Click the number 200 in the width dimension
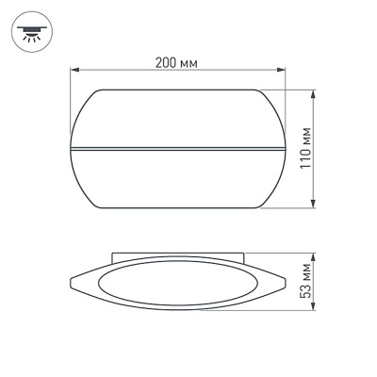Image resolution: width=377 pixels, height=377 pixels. pyautogui.click(x=166, y=61)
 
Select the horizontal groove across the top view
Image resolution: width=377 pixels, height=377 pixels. pyautogui.click(x=179, y=149)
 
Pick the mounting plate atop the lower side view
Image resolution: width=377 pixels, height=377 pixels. pyautogui.click(x=179, y=256)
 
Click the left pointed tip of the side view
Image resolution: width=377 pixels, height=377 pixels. pyautogui.click(x=74, y=284)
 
